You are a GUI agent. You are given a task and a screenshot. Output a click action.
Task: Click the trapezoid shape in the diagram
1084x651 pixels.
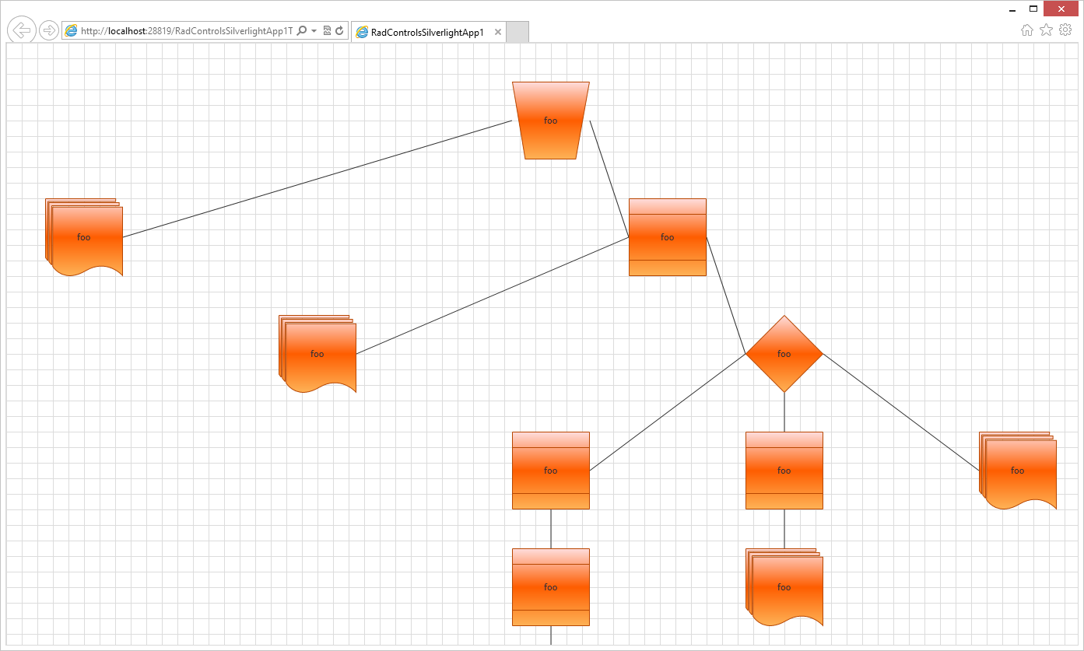coord(550,140)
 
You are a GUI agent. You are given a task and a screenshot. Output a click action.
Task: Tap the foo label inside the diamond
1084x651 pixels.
coord(784,354)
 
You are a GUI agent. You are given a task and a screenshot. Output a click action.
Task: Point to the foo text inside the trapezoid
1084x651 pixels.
coord(550,121)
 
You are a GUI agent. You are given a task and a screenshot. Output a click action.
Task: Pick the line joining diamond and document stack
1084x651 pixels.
coord(900,412)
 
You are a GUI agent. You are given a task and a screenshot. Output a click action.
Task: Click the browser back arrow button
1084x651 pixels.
coord(22,30)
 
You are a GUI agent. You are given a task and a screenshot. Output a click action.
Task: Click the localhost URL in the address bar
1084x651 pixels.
coord(187,31)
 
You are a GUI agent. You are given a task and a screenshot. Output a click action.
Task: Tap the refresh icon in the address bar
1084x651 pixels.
coord(339,31)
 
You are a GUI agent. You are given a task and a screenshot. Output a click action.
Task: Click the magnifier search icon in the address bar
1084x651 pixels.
coord(302,31)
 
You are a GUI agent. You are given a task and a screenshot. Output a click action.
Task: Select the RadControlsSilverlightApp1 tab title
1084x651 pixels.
coord(427,32)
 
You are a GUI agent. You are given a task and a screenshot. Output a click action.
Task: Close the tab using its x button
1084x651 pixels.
coord(498,32)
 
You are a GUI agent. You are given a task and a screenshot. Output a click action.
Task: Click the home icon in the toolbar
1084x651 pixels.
coord(1027,30)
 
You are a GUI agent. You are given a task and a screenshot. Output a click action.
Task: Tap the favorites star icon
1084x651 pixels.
coord(1046,30)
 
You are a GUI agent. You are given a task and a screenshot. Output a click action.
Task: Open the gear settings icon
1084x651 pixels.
coord(1065,30)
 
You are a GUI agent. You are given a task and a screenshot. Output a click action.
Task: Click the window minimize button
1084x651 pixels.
coord(1012,9)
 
